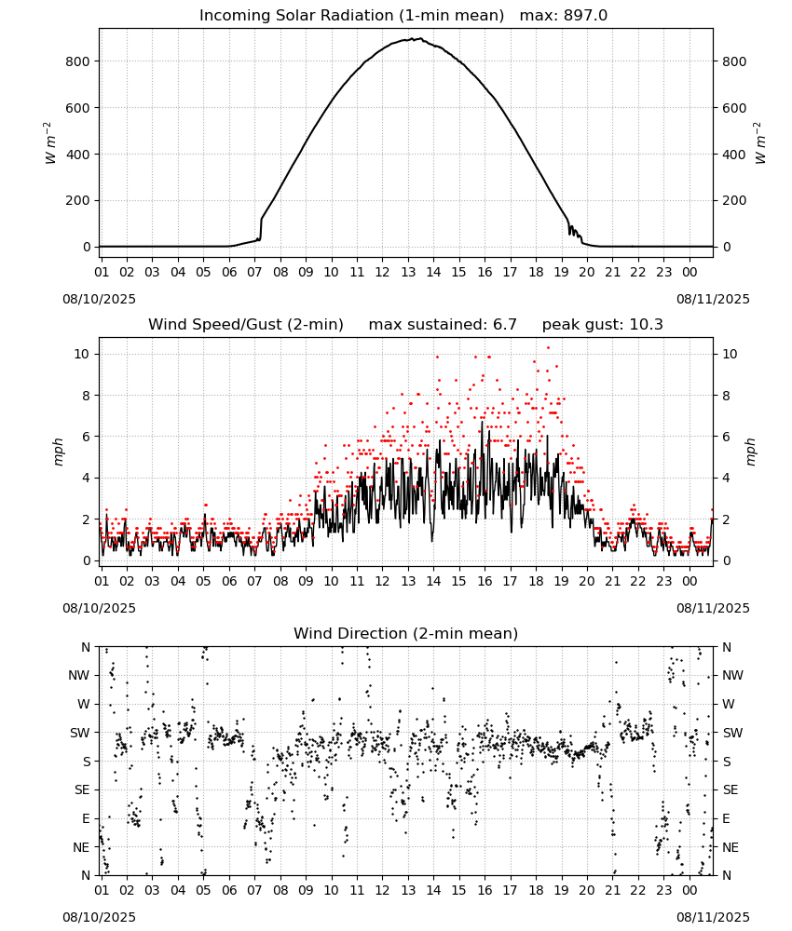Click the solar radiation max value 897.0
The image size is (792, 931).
coord(585,16)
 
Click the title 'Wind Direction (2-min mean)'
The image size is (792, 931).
coord(406,633)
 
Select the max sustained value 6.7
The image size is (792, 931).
coord(505,324)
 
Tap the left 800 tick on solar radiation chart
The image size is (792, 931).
coord(78,61)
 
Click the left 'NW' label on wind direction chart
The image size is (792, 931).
coord(79,676)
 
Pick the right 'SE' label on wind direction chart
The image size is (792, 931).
coord(731,789)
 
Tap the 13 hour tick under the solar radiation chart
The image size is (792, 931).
coord(408,272)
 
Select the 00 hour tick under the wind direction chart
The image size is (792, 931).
coord(690,890)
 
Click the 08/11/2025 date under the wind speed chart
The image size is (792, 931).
coord(713,608)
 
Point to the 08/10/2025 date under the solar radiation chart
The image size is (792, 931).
coord(99,299)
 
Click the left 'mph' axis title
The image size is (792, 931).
coord(58,452)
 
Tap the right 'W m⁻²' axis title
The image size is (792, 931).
coord(760,143)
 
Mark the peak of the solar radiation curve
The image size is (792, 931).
coord(420,38)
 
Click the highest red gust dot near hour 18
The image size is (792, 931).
coord(548,348)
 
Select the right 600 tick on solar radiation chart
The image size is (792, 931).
coord(734,108)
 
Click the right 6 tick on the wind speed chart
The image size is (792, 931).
coord(726,437)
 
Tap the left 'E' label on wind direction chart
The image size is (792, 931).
coord(86,818)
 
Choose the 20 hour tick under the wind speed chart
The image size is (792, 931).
coord(587,581)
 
